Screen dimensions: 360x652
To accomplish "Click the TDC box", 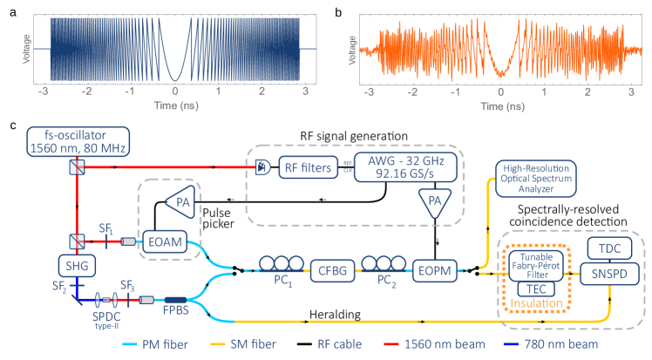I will [609, 247].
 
